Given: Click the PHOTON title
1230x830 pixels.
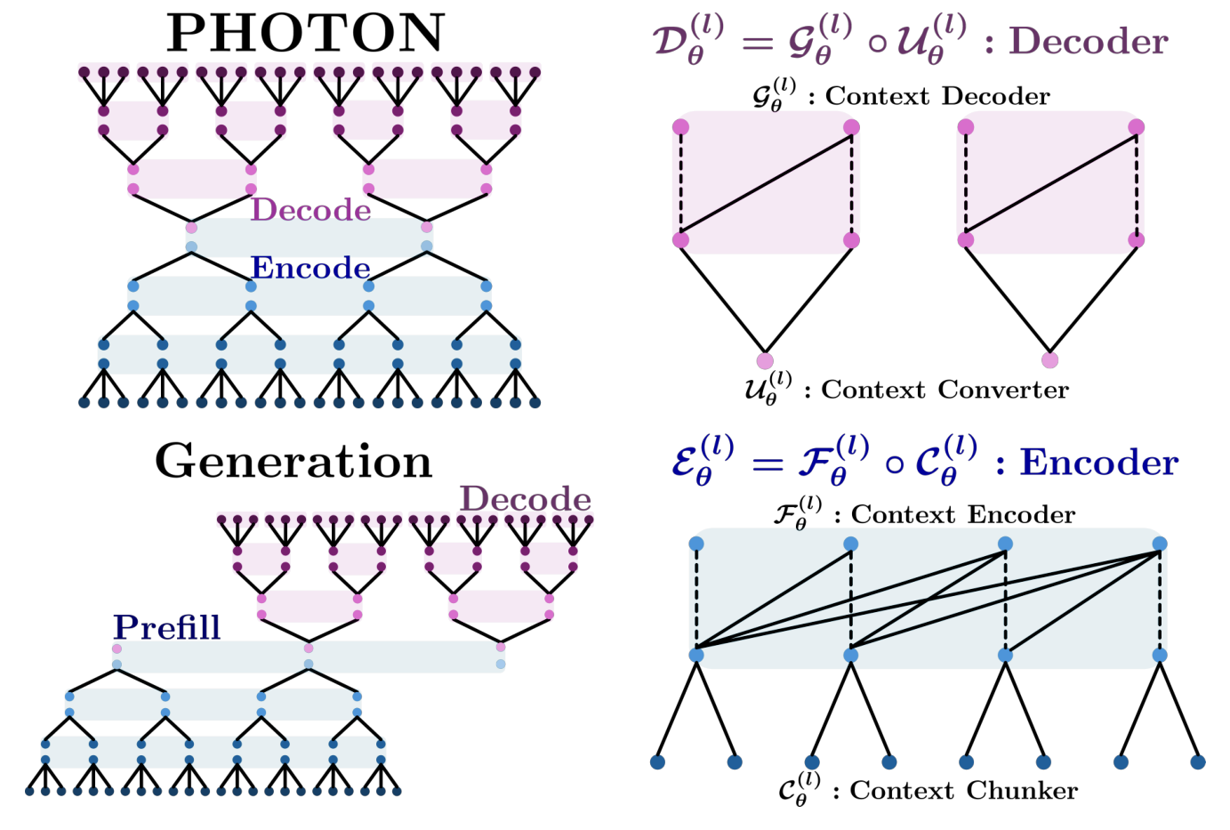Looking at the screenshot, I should (305, 34).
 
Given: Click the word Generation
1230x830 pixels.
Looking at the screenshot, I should (293, 462).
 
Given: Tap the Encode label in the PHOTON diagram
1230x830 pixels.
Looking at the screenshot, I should (310, 268).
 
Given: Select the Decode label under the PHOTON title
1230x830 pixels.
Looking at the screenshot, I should (310, 210).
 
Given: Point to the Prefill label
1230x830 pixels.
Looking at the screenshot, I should (166, 628).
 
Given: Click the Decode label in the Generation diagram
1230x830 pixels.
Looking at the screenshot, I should (525, 499).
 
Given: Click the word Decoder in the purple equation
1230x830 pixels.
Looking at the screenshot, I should (1089, 42).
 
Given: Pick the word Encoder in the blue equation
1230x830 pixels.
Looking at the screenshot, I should (1098, 463).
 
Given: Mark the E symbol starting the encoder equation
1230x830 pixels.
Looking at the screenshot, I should (692, 462).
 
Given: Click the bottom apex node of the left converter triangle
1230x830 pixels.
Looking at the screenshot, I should (765, 360).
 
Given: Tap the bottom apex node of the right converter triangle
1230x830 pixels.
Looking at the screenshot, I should (1049, 360).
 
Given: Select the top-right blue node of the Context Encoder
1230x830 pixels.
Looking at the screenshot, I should (1159, 544).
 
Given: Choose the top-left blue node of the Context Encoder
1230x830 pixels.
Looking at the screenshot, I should (696, 544).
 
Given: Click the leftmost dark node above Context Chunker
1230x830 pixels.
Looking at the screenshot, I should (657, 762).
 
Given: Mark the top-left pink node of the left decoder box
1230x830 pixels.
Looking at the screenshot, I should (680, 126).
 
